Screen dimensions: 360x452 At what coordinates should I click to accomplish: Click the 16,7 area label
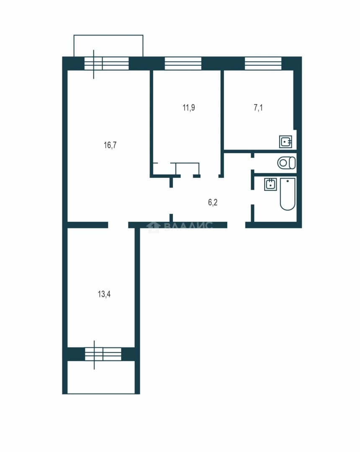tap(110, 145)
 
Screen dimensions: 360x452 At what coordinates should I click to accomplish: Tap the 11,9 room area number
tap(189, 108)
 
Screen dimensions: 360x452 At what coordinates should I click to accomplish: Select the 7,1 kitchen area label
tap(258, 108)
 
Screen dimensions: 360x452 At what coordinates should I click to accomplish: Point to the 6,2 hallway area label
tap(213, 203)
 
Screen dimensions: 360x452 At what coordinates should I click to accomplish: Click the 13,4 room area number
tap(104, 294)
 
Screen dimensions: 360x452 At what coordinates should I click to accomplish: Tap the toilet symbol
tap(286, 163)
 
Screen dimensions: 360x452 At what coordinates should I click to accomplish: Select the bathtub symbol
tap(288, 194)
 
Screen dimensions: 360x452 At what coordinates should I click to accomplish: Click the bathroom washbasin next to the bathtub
tap(270, 184)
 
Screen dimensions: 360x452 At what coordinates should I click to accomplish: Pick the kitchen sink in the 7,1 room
tap(285, 142)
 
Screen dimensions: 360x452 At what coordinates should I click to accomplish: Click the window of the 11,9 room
tap(183, 64)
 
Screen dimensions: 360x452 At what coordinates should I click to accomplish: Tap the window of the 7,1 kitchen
tap(263, 64)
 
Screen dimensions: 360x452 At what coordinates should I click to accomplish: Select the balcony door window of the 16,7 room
tap(106, 64)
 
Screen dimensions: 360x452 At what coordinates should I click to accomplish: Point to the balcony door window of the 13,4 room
tap(103, 354)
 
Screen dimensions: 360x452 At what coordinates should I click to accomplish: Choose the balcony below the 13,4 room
tap(101, 378)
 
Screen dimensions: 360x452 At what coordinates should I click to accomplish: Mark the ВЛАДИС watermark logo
tap(180, 226)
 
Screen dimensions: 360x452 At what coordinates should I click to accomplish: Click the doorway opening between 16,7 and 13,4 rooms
tap(118, 225)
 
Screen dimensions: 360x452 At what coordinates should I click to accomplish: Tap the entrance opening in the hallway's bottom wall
tap(236, 225)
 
